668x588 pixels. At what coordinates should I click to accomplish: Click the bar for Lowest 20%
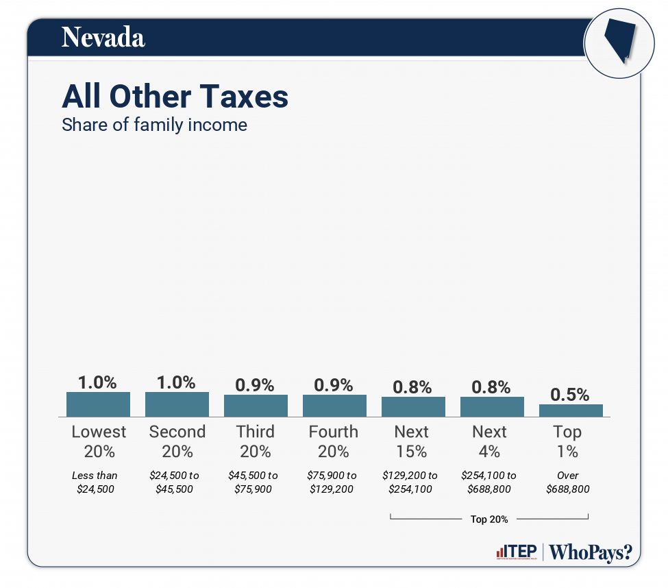pos(98,404)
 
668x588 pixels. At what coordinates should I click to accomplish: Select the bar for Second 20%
pos(177,404)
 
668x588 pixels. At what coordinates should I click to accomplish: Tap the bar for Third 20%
pos(256,406)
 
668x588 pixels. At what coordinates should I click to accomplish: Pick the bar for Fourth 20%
pos(334,406)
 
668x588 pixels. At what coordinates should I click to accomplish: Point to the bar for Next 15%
pos(413,406)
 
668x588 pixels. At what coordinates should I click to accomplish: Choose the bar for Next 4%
pos(492,406)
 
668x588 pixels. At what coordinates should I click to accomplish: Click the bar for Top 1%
pos(571,411)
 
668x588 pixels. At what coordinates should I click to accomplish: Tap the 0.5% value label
pos(570,394)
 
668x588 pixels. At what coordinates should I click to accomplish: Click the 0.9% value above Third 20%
pos(255,385)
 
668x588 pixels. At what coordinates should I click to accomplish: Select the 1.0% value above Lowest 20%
pos(97,382)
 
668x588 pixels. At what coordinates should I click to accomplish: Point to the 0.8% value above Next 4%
pos(491,387)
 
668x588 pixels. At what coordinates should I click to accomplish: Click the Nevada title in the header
pos(103,38)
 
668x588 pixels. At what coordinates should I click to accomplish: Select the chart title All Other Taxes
pos(175,97)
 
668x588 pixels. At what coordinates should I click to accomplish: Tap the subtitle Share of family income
pos(154,125)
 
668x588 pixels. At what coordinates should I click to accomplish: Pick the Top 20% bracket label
pos(489,519)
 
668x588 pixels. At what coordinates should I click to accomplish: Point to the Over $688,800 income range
pos(568,482)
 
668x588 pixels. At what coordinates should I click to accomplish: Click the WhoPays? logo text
pos(591,552)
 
